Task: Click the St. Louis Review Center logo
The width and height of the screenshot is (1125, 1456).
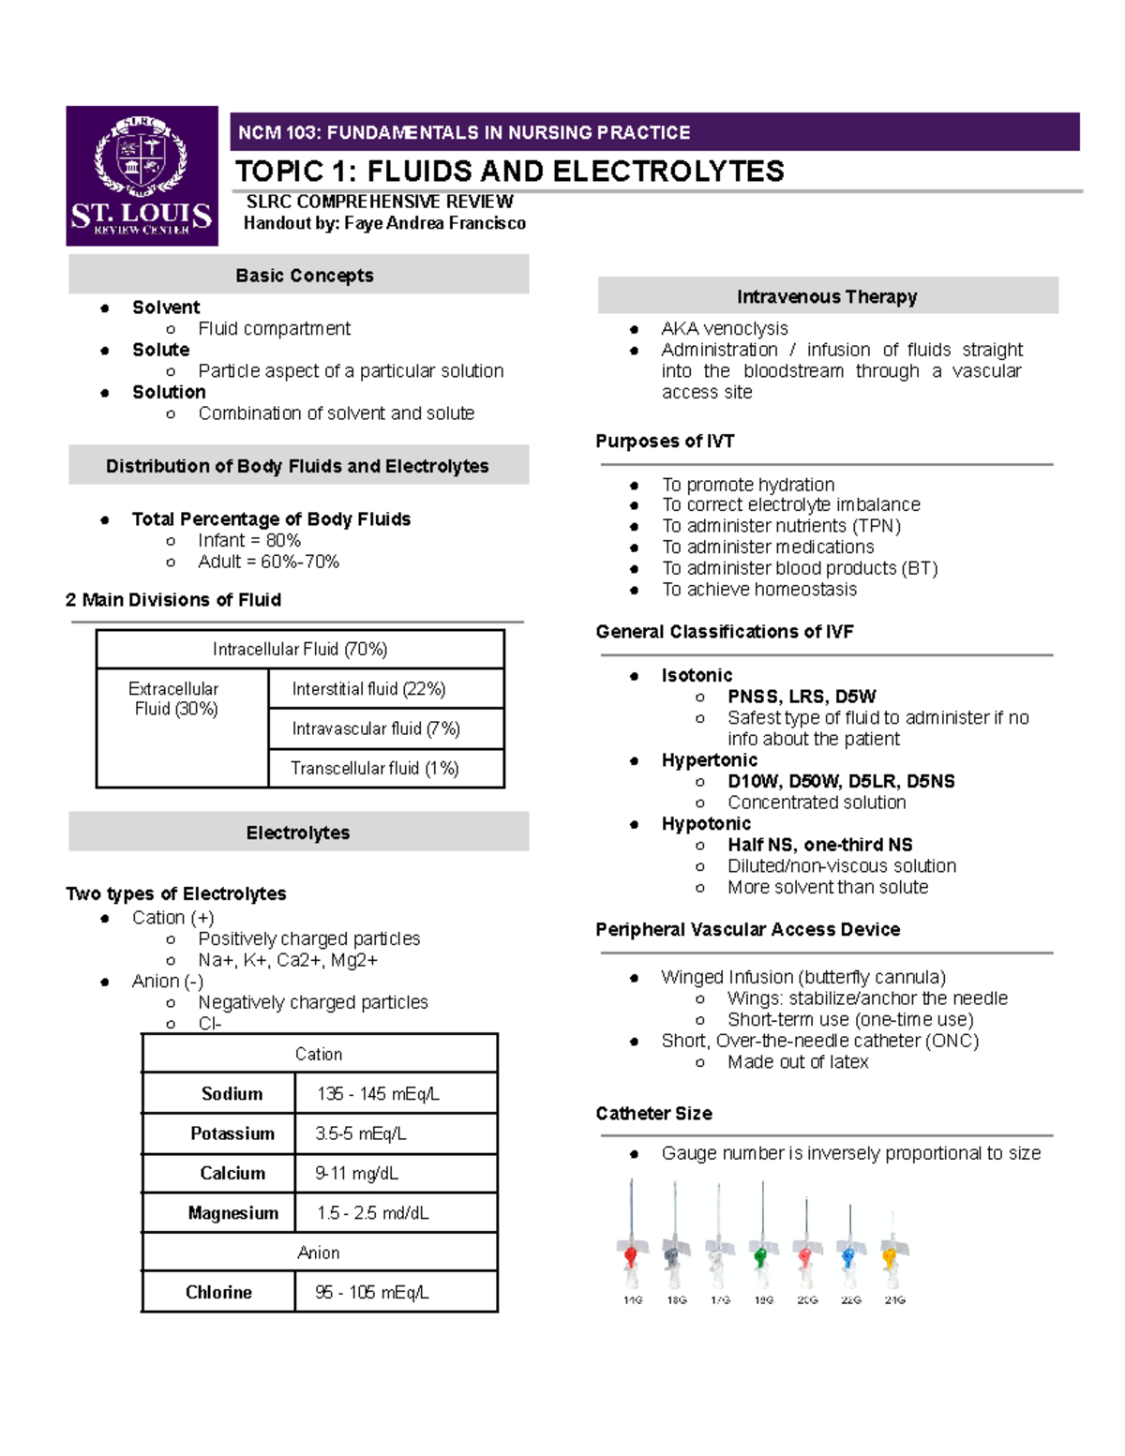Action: point(142,176)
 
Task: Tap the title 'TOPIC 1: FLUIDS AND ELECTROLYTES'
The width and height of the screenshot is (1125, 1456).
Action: point(509,172)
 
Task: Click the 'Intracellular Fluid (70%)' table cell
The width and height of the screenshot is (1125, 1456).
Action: point(300,649)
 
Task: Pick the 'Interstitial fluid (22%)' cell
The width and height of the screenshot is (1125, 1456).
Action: point(368,689)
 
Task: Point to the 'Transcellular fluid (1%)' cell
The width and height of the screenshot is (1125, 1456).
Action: point(374,769)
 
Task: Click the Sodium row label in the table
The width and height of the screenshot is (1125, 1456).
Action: point(232,1094)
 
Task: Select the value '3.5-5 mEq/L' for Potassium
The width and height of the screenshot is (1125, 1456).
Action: point(361,1133)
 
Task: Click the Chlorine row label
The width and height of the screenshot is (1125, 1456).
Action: point(218,1292)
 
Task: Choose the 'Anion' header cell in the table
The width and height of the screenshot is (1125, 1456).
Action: point(319,1253)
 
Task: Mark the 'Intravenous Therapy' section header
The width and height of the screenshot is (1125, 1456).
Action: point(827,297)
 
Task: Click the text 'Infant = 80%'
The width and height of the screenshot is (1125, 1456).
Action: point(249,541)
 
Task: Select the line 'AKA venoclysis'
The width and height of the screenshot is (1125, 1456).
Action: point(725,329)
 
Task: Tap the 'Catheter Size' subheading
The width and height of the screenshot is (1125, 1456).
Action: point(653,1114)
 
